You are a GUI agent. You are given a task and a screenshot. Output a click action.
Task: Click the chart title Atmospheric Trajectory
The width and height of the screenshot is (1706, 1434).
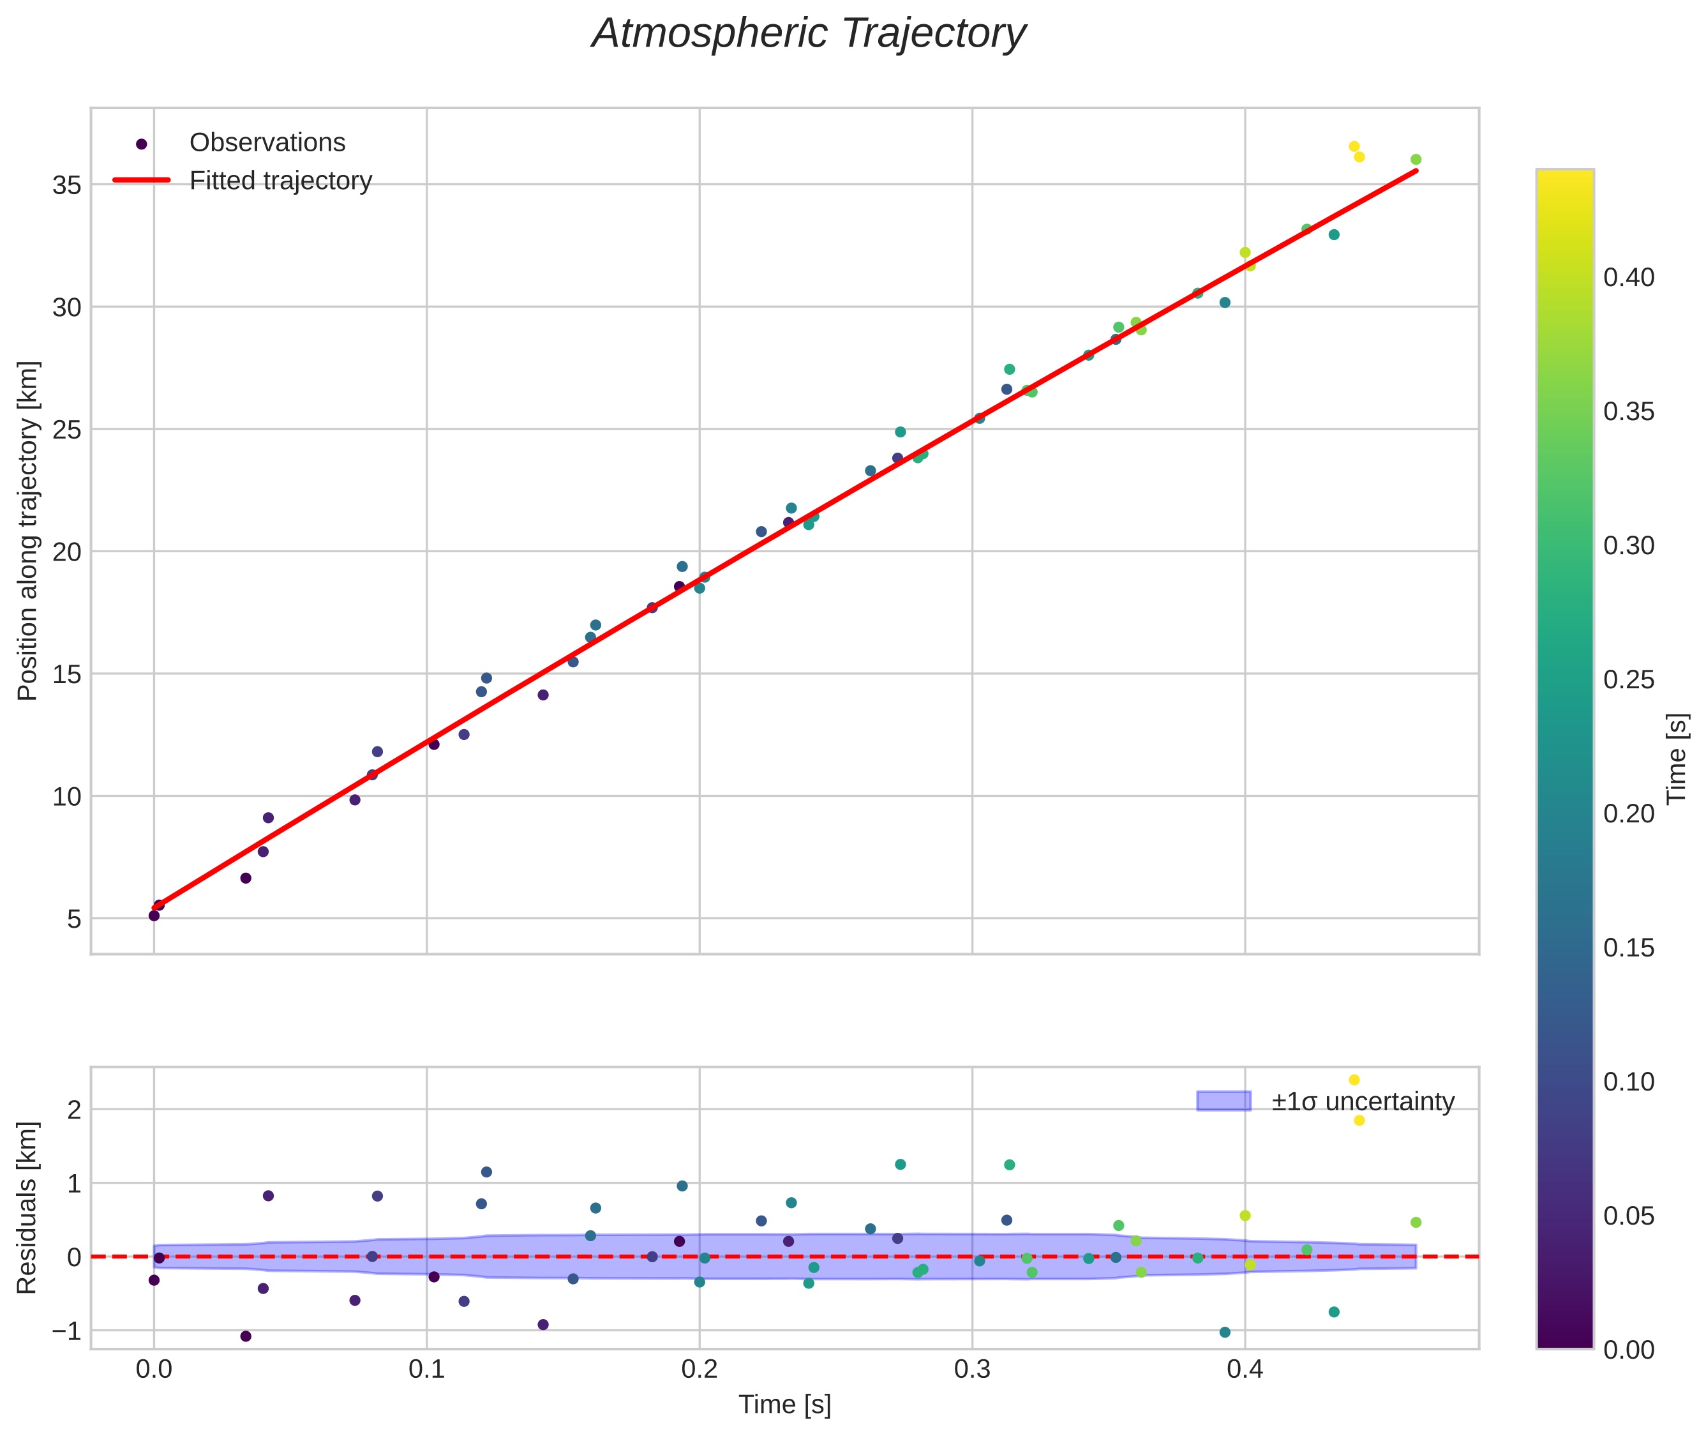click(809, 34)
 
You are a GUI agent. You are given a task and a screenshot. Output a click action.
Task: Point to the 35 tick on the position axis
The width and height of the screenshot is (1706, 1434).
click(66, 185)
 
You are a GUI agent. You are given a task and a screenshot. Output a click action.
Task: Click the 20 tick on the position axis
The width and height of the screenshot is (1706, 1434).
click(66, 552)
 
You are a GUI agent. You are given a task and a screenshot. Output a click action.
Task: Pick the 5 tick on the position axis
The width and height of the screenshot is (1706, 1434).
click(74, 919)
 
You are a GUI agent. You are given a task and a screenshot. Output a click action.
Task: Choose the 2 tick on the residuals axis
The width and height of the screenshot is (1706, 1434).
click(74, 1110)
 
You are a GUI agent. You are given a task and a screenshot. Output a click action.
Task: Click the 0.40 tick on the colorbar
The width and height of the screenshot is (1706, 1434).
click(1628, 278)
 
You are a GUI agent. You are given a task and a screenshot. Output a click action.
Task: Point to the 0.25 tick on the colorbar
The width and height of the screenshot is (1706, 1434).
click(1628, 679)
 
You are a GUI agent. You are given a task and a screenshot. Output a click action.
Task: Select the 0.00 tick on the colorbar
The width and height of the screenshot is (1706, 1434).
click(1628, 1350)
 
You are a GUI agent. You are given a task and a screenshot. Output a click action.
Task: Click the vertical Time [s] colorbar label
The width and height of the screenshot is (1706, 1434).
click(1677, 759)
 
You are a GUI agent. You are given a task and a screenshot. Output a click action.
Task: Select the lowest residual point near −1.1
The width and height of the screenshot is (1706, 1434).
click(246, 1336)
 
